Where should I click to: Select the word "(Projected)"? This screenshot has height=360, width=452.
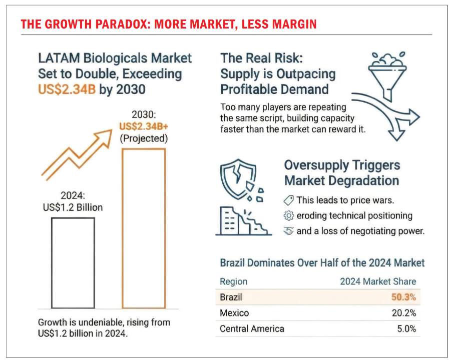point(143,138)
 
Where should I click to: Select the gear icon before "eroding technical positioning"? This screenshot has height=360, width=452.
point(288,215)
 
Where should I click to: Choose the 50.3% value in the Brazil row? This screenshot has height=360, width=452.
point(403,297)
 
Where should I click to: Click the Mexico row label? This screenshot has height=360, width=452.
point(234,313)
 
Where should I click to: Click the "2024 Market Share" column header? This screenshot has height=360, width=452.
point(378,281)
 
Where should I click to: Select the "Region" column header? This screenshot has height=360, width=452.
point(233,281)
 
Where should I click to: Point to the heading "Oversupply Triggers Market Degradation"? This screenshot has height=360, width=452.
point(341,173)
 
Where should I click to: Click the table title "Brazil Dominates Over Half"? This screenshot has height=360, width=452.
point(322,262)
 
